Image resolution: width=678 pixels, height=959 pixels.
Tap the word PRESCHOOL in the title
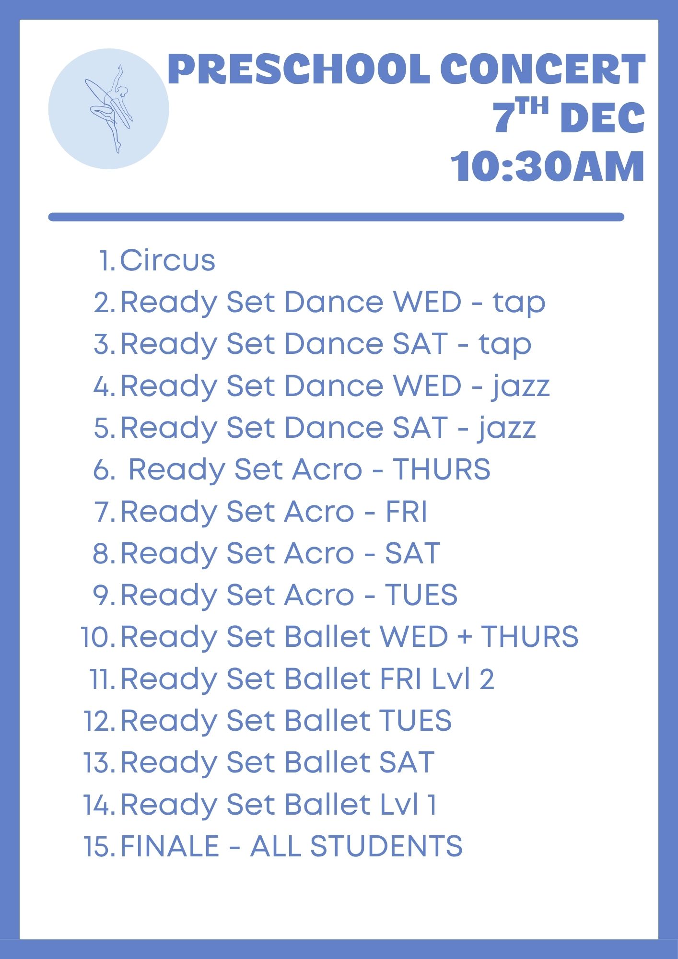[x=299, y=69]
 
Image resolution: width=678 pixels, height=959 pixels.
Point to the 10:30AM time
[x=548, y=166]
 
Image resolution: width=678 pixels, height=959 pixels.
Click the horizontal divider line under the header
[x=336, y=217]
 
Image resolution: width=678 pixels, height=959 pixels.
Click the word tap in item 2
[x=519, y=303]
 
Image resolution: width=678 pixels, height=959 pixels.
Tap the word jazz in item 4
[x=520, y=386]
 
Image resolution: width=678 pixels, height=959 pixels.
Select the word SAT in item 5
[x=420, y=428]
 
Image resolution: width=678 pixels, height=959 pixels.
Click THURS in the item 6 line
[x=442, y=469]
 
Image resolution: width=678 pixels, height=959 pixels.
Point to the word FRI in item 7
[x=406, y=511]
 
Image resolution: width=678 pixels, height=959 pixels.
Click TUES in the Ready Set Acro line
[x=421, y=595]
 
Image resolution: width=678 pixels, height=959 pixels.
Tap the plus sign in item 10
[x=464, y=637]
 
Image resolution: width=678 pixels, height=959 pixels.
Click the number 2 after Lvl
[x=487, y=678]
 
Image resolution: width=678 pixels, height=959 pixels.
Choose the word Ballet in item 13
[x=327, y=762]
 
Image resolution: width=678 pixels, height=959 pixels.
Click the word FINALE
[x=170, y=846]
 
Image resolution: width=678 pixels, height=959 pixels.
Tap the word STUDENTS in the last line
[x=386, y=846]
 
